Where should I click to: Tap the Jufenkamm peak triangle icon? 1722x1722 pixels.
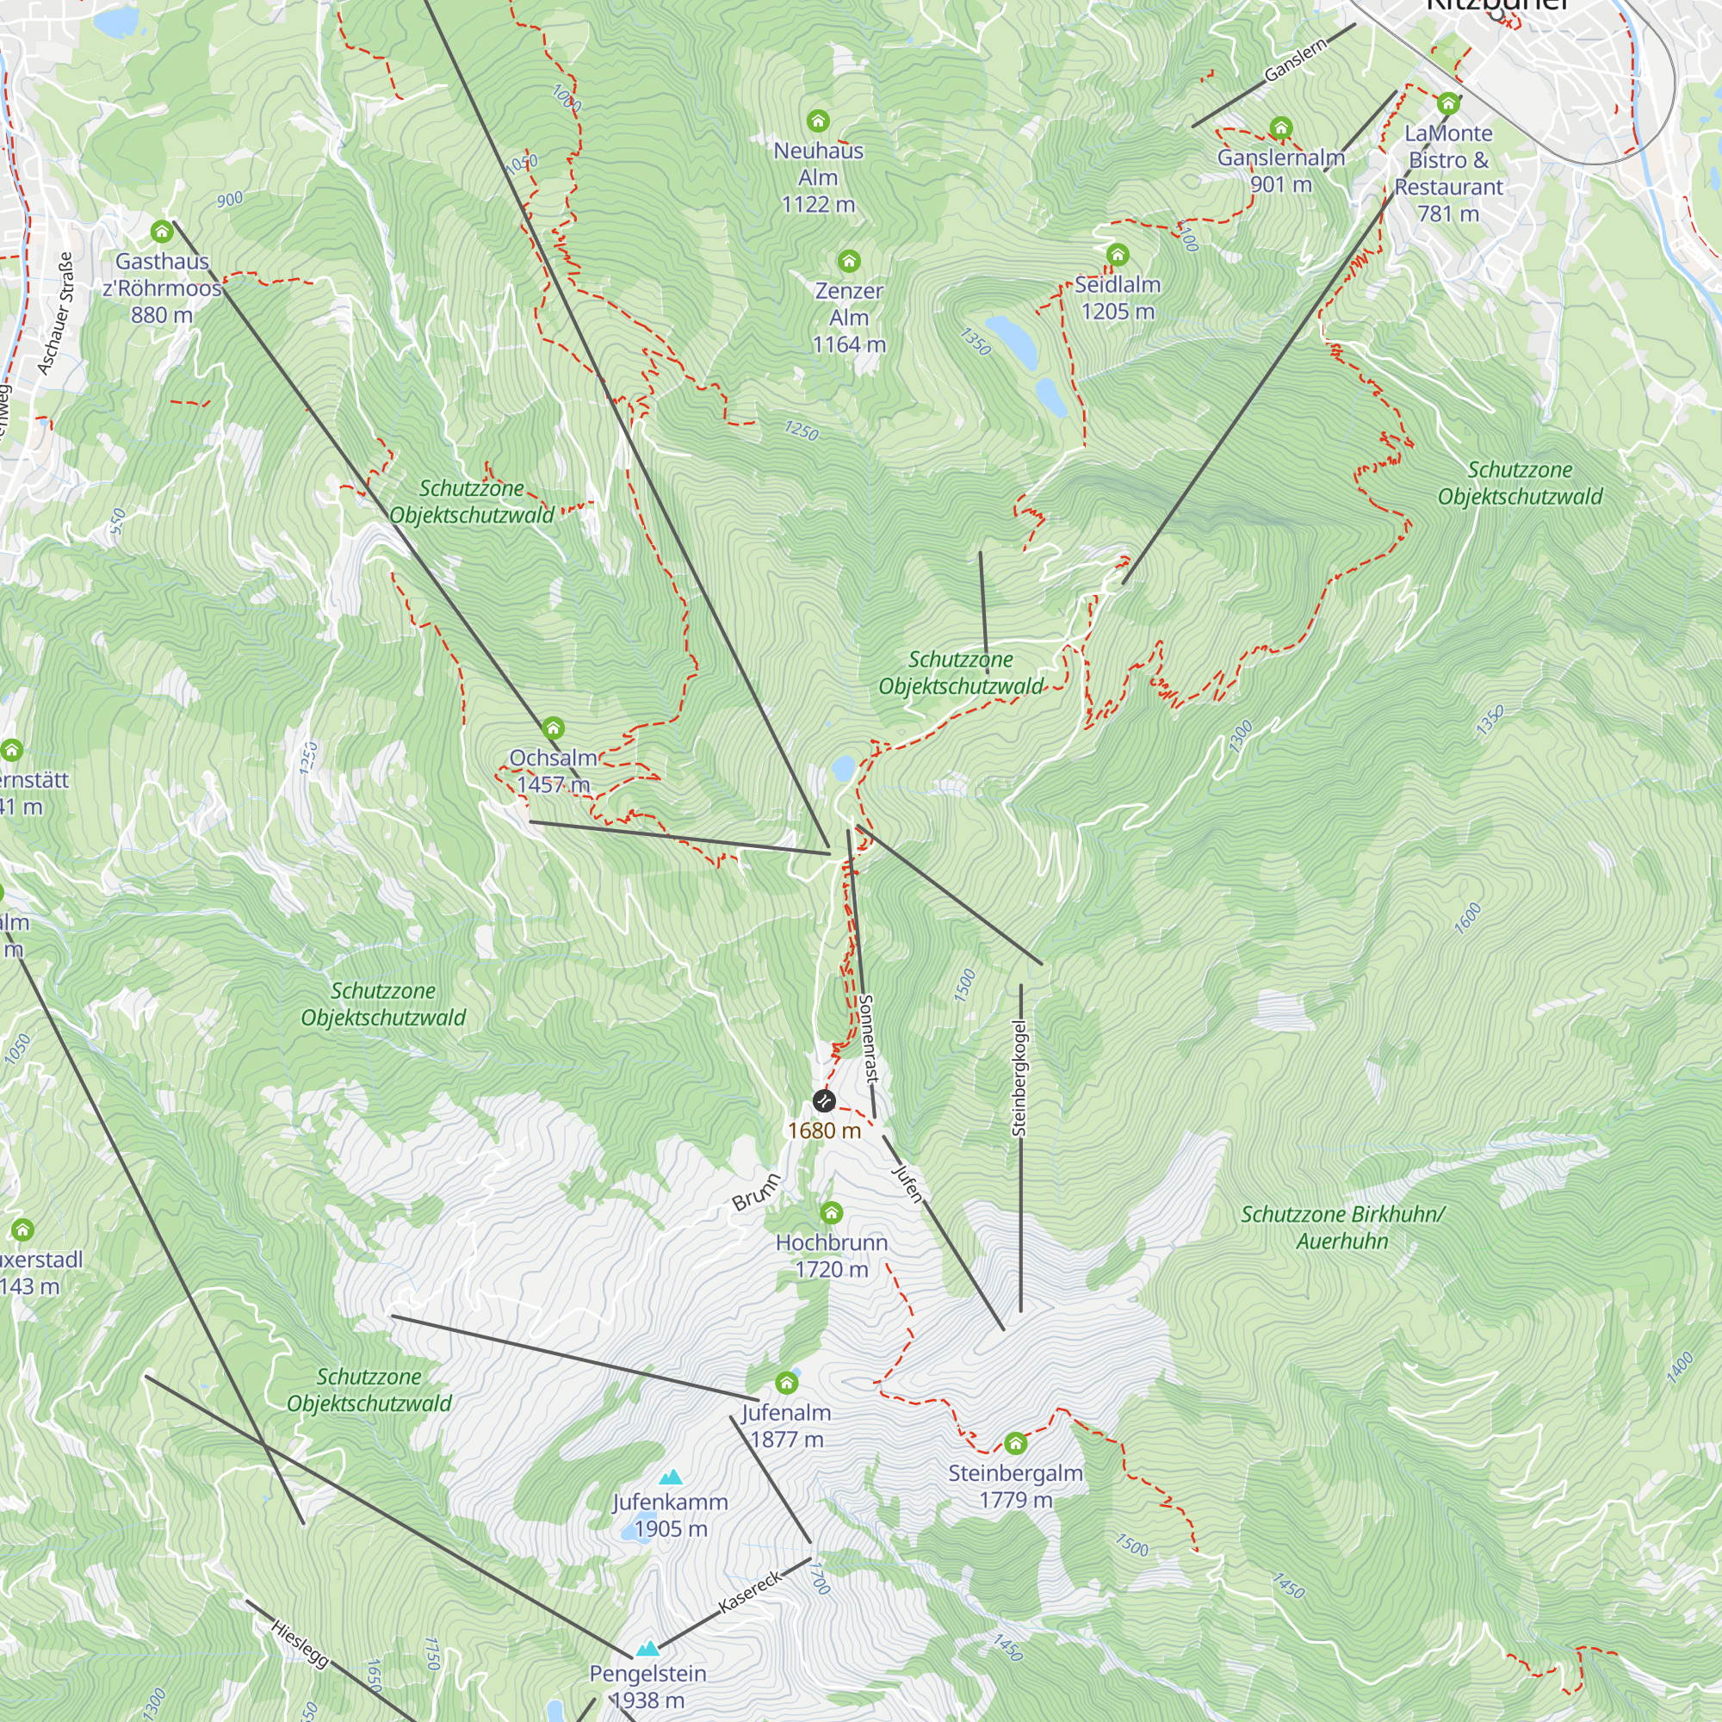(670, 1477)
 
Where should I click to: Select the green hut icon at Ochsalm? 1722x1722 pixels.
(553, 728)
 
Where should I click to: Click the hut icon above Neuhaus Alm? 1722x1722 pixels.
(817, 121)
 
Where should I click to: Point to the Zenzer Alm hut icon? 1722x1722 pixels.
(849, 260)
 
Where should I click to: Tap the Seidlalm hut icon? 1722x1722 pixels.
(1117, 256)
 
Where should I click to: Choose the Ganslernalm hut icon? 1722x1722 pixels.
(1281, 127)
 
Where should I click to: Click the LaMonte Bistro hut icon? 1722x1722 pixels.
(1447, 103)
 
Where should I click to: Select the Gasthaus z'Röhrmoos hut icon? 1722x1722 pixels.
(161, 232)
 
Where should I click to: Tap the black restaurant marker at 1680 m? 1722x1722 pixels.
(824, 1100)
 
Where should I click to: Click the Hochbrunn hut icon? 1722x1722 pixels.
(831, 1212)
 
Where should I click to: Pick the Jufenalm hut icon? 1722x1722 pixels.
(786, 1383)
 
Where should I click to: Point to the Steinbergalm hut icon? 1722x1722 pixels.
(1015, 1443)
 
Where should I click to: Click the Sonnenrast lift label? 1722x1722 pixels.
(868, 1038)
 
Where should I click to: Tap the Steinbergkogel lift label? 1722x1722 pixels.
(1019, 1079)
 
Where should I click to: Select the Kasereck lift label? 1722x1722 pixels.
(751, 1591)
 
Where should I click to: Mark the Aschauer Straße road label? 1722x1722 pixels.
(55, 313)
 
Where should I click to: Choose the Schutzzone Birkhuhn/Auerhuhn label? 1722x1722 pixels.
(1341, 1227)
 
